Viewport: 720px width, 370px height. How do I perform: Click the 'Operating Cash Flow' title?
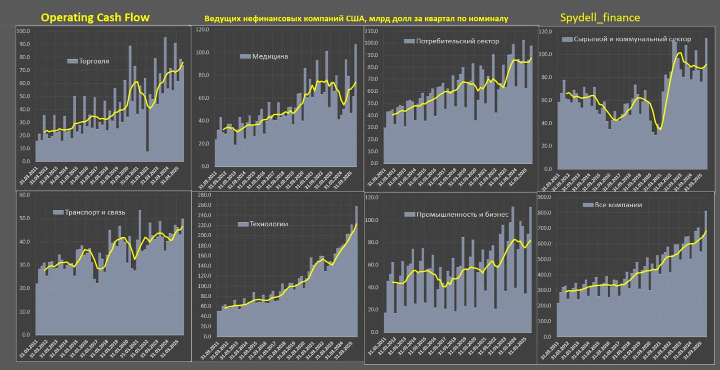click(x=95, y=17)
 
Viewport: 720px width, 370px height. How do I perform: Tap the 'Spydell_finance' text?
click(x=600, y=17)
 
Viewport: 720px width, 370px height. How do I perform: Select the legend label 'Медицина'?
click(x=270, y=56)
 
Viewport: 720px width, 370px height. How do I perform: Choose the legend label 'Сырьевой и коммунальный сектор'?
click(x=626, y=39)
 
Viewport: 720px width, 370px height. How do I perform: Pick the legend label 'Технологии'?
click(x=269, y=224)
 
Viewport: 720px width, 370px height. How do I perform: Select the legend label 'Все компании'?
click(x=618, y=205)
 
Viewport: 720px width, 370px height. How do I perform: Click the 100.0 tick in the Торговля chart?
click(x=24, y=31)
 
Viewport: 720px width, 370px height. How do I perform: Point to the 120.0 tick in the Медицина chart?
click(x=202, y=29)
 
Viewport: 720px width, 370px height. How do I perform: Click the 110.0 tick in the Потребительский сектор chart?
click(x=371, y=31)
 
